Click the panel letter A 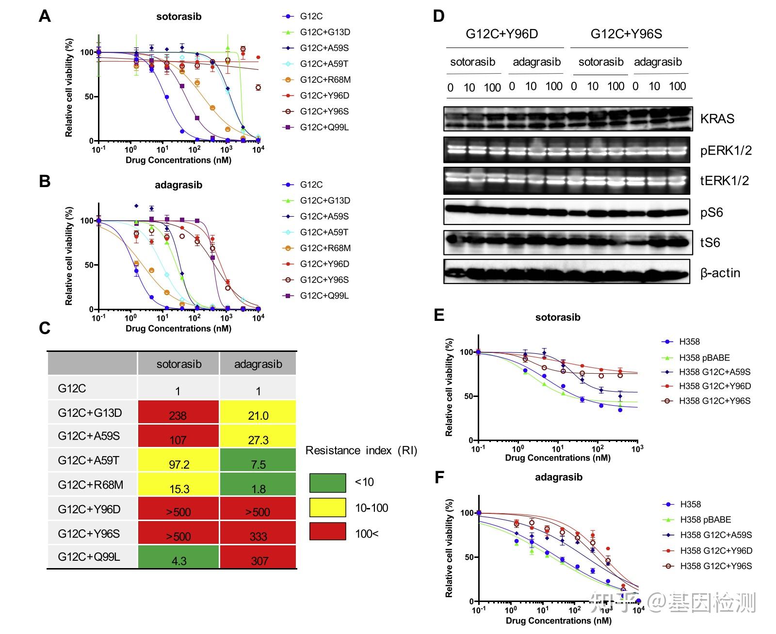click(x=45, y=16)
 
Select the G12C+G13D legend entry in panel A click(x=324, y=32)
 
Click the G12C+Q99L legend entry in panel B click(x=324, y=296)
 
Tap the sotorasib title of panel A click(x=178, y=16)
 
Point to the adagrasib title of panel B click(x=178, y=185)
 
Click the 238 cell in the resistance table click(x=178, y=412)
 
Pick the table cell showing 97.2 click(x=178, y=461)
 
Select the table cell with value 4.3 click(x=178, y=558)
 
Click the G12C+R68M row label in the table click(x=91, y=485)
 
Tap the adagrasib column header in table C click(x=258, y=364)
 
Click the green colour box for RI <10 click(x=327, y=483)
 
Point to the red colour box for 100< click(x=327, y=532)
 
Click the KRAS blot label click(x=717, y=119)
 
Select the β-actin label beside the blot click(x=720, y=273)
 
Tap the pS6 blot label click(x=711, y=212)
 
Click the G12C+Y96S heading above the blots click(x=626, y=34)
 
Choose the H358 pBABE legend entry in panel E click(x=704, y=358)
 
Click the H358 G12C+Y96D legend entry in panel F click(x=715, y=551)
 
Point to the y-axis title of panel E click(x=449, y=387)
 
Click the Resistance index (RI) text click(x=361, y=451)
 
